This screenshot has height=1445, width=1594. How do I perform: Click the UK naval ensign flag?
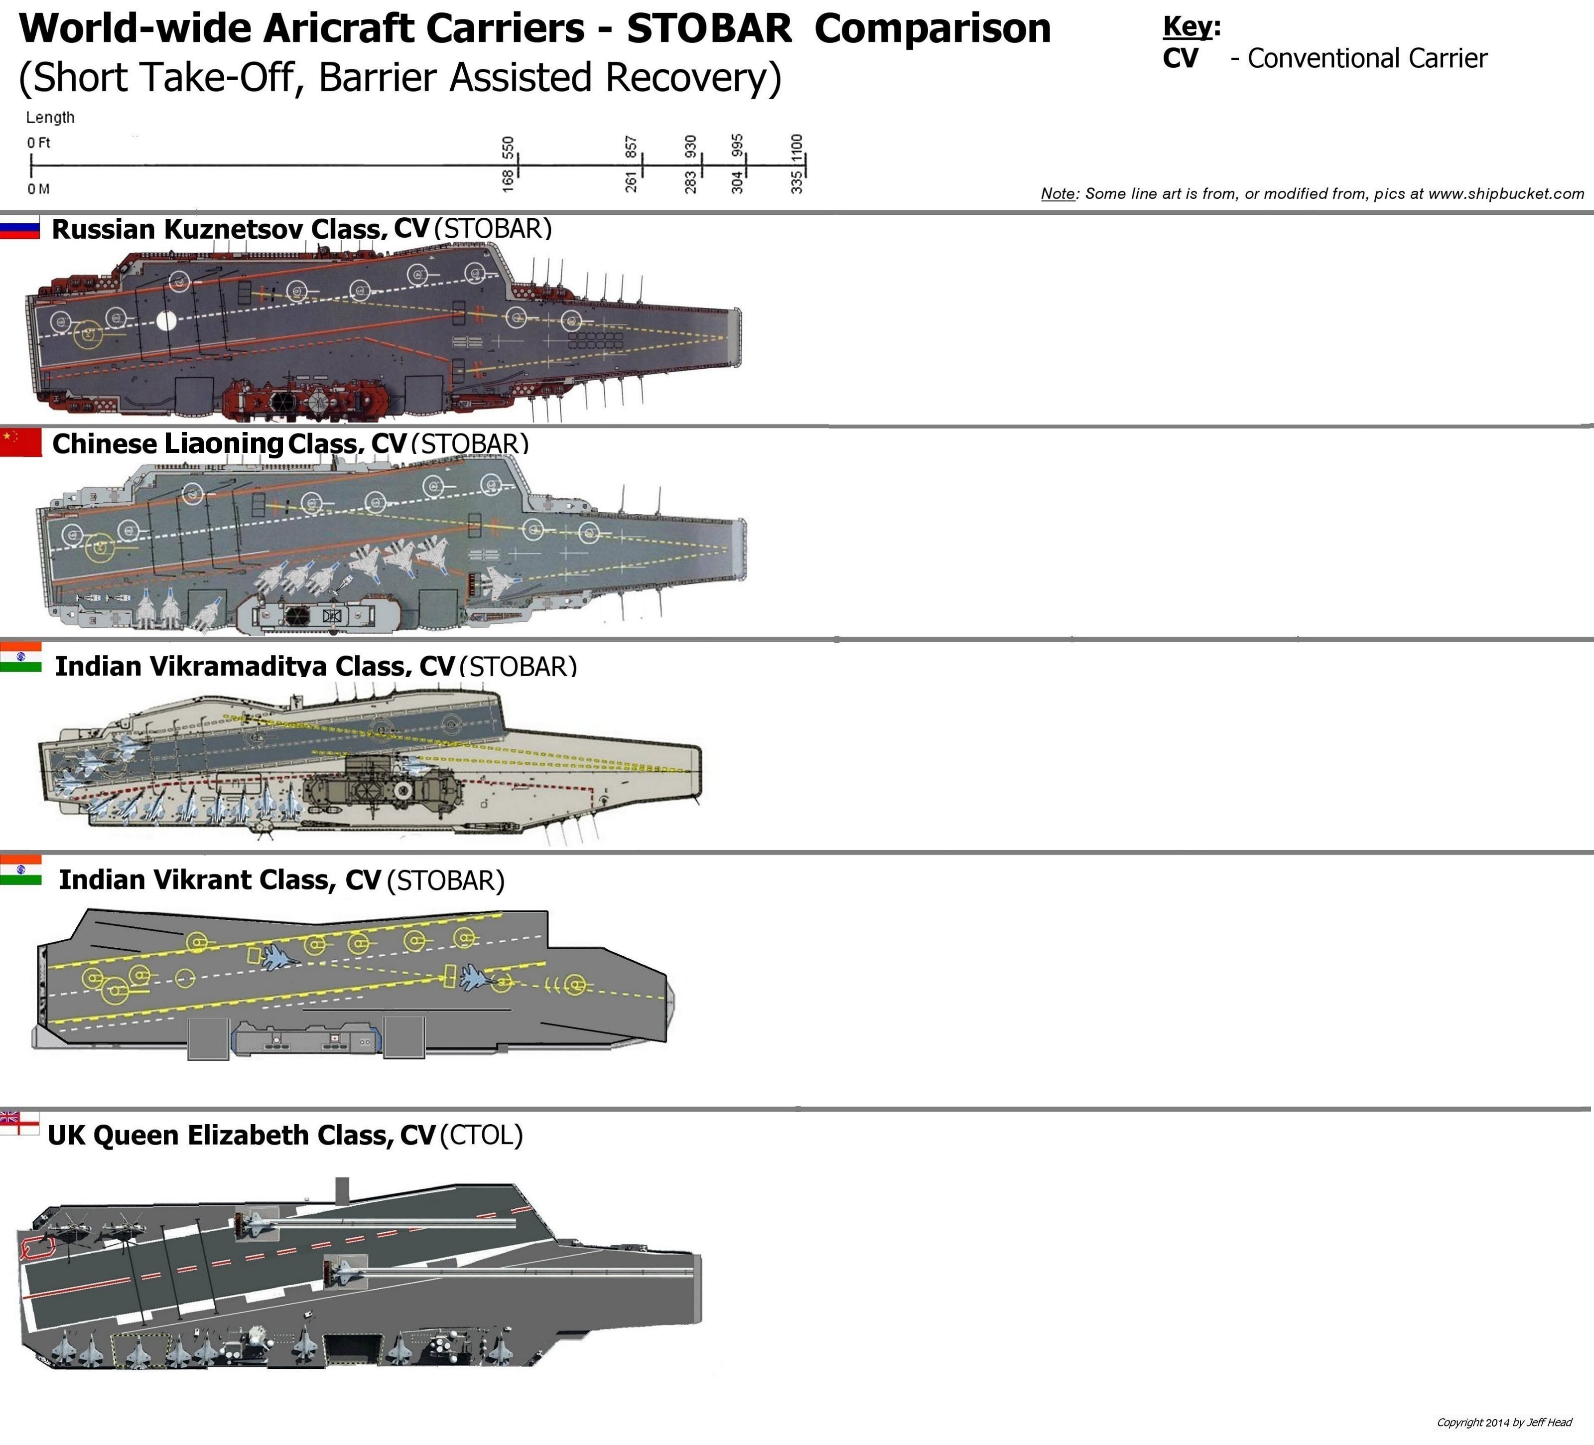pos(19,1123)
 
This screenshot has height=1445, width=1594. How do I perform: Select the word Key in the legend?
pos(1188,26)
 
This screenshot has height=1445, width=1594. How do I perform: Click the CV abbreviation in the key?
pos(1180,58)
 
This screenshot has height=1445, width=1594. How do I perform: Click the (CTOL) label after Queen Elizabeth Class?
pos(481,1135)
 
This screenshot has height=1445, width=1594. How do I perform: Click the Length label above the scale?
pos(50,117)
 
